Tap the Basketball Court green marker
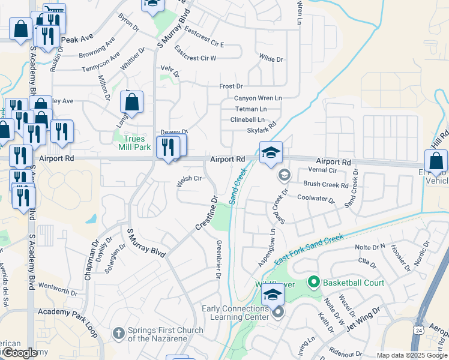tap(313, 281)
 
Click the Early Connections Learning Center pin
tap(277, 313)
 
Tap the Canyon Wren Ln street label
tap(258, 98)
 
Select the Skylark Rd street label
tap(261, 130)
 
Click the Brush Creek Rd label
tap(326, 185)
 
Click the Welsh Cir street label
tap(188, 179)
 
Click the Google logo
tap(20, 353)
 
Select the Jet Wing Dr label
tap(363, 316)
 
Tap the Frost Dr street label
tap(231, 86)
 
